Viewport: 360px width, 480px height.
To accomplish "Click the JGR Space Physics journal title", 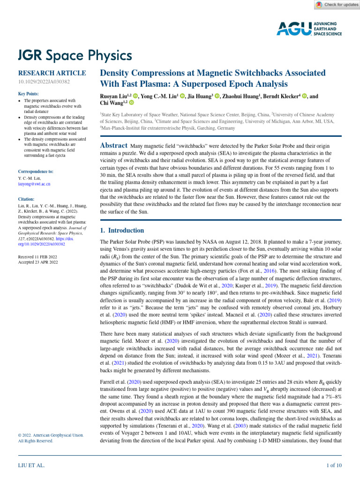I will point(75,56).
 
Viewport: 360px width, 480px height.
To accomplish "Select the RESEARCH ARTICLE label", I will point(52,73).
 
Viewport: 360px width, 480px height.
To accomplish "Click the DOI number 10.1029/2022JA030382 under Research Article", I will point(44,82).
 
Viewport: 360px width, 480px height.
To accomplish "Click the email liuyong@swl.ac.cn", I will point(34,184).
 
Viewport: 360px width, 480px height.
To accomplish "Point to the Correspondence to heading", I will point(36,172).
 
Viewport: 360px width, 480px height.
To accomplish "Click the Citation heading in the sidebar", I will point(28,199).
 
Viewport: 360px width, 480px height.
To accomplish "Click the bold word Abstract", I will point(114,146).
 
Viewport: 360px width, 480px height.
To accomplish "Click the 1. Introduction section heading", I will point(122,231).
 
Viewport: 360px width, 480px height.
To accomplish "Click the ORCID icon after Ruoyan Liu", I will point(136,97).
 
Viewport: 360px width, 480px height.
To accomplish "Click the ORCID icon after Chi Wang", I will point(131,103).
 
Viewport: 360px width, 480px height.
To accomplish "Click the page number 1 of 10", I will point(334,465).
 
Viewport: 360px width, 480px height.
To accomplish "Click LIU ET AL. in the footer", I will point(31,465).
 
